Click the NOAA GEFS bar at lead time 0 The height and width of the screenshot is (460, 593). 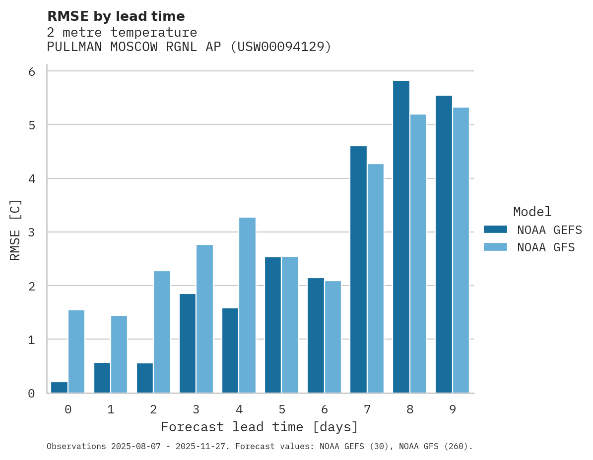click(x=59, y=388)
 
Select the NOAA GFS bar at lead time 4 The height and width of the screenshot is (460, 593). click(x=247, y=305)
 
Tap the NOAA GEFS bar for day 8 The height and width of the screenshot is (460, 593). click(x=401, y=237)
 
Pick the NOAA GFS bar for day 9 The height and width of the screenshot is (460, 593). click(x=461, y=250)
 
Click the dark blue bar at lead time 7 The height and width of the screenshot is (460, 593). click(x=358, y=270)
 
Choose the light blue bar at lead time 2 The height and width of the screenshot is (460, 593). click(x=162, y=332)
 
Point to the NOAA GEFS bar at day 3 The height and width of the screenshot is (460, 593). click(x=188, y=344)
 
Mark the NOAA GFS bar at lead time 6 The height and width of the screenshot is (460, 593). click(x=333, y=337)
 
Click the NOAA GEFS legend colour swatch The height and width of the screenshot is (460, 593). click(x=495, y=230)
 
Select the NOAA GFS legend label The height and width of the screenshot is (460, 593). click(x=546, y=247)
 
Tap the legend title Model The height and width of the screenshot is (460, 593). click(x=532, y=212)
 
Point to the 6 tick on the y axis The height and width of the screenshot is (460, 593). click(x=31, y=72)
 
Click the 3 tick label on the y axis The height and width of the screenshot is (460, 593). click(x=31, y=232)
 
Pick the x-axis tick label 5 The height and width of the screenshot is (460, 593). click(x=282, y=409)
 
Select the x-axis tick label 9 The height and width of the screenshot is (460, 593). click(x=453, y=409)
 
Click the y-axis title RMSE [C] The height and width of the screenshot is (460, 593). click(x=15, y=230)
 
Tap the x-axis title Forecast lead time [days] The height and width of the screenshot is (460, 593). click(x=259, y=427)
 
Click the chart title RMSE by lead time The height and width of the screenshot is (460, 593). click(x=116, y=16)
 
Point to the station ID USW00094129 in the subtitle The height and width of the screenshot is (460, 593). click(x=280, y=47)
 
